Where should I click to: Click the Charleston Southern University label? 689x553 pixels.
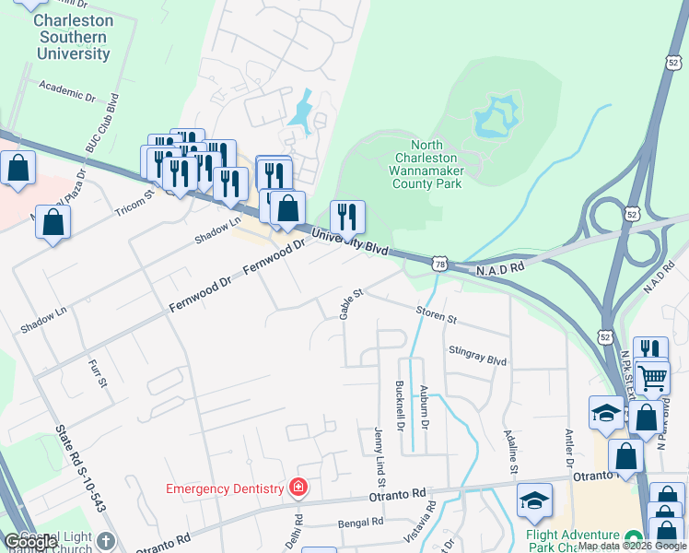pyautogui.click(x=74, y=37)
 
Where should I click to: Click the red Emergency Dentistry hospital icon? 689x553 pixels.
pyautogui.click(x=298, y=488)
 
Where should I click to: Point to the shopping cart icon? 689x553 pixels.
pyautogui.click(x=652, y=376)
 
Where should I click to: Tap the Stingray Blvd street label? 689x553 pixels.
pyautogui.click(x=477, y=356)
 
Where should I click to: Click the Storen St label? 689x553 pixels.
pyautogui.click(x=436, y=314)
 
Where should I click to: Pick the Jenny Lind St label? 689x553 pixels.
pyautogui.click(x=379, y=456)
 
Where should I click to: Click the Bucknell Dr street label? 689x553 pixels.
pyautogui.click(x=399, y=405)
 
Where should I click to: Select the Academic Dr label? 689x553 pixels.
pyautogui.click(x=67, y=89)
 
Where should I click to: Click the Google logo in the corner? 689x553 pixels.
pyautogui.click(x=30, y=542)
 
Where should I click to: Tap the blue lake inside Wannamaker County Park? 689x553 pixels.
pyautogui.click(x=497, y=118)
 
